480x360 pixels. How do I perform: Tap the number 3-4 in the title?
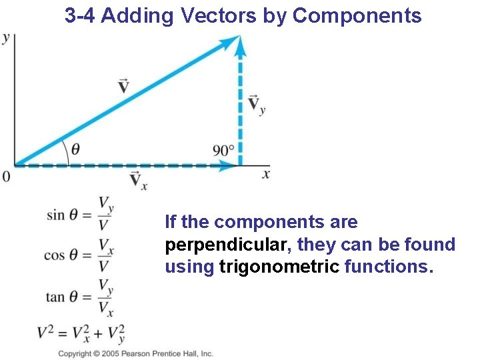(81, 16)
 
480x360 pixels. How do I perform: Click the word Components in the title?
(357, 16)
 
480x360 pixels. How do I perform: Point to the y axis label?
(6, 38)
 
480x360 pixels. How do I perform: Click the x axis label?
(266, 174)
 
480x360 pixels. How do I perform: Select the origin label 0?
(6, 177)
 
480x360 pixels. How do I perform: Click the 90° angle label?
(223, 151)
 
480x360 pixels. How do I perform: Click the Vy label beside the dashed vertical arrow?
(256, 105)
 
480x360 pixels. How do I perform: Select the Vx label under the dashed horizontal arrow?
(138, 179)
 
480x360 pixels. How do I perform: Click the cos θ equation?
(79, 255)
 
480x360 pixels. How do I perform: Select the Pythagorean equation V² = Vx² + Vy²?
(81, 333)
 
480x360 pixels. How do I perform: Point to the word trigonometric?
(279, 267)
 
